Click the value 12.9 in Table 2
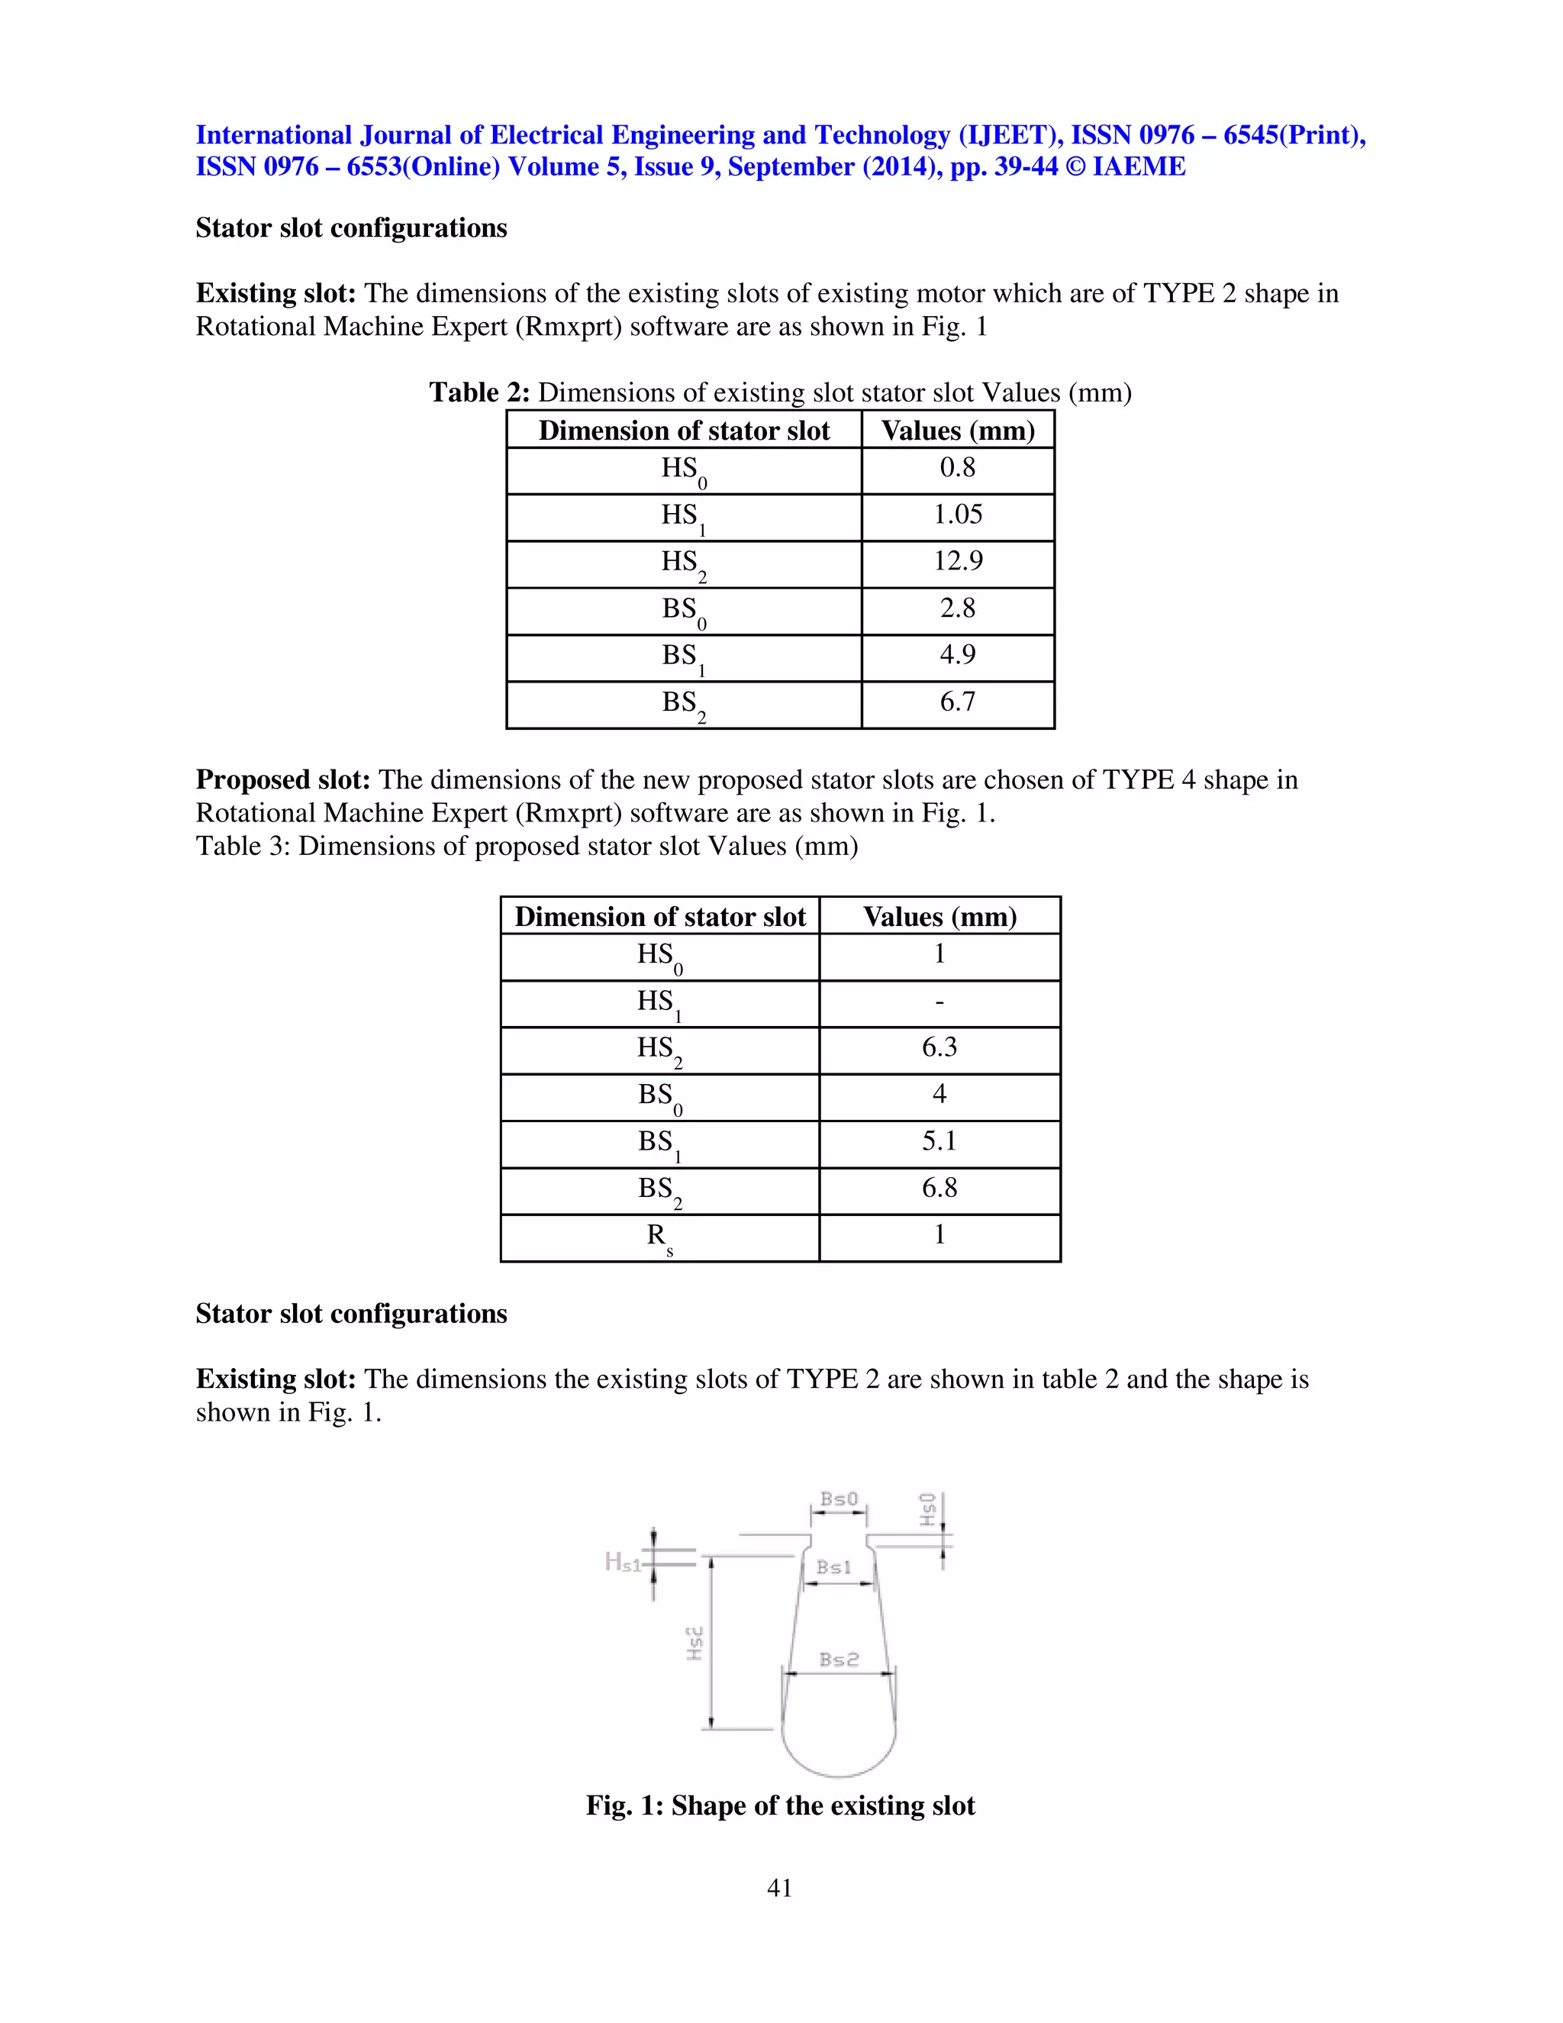(958, 561)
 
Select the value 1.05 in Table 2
(958, 515)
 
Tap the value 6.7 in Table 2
(958, 702)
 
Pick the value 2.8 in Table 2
(958, 608)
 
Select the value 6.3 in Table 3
(939, 1047)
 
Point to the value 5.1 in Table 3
(939, 1141)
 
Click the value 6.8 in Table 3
(939, 1189)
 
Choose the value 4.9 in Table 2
(958, 655)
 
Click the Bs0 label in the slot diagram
(839, 1499)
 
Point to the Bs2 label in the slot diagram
(839, 1659)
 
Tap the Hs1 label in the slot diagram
(622, 1563)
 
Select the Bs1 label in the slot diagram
(833, 1567)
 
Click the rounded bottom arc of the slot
(839, 1775)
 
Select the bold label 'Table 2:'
(479, 392)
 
